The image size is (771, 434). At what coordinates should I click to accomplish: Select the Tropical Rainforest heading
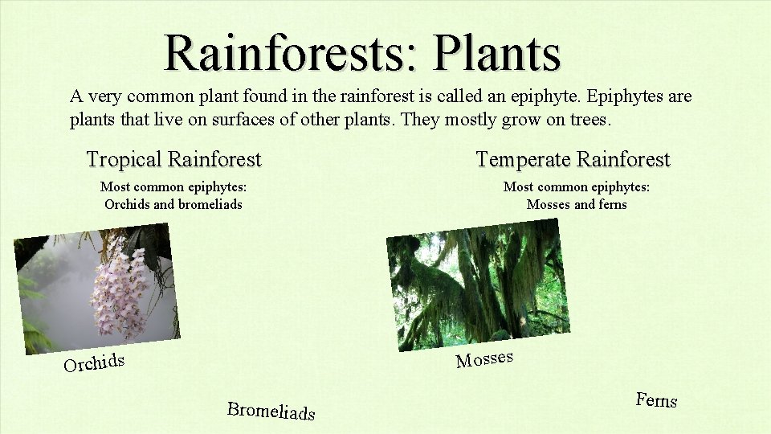(x=173, y=159)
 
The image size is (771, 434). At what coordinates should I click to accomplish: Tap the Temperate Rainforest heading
(x=573, y=159)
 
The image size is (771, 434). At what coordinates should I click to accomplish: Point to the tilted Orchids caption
(x=95, y=362)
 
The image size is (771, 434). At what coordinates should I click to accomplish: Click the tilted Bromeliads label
(x=271, y=410)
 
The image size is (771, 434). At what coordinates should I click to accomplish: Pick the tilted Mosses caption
(x=484, y=358)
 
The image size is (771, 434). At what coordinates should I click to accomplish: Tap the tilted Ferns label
(x=656, y=399)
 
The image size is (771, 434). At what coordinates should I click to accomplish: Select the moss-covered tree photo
(x=477, y=285)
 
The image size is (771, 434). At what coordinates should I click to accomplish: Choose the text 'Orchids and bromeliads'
(x=173, y=204)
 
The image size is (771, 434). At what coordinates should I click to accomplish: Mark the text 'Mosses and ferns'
(x=577, y=204)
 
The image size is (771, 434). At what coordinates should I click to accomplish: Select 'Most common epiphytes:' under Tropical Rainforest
(x=173, y=187)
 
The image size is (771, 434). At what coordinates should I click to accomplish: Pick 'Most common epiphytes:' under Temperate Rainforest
(x=577, y=187)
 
